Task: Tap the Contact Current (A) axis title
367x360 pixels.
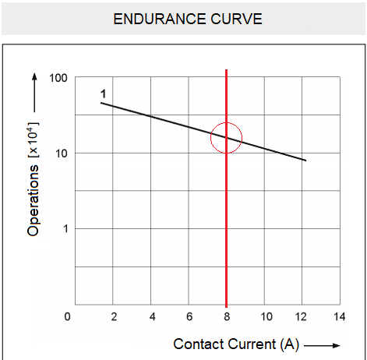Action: coord(236,344)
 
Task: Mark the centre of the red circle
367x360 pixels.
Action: coord(227,138)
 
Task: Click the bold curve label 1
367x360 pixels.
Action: coord(103,94)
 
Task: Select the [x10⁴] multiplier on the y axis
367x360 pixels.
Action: coord(34,137)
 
